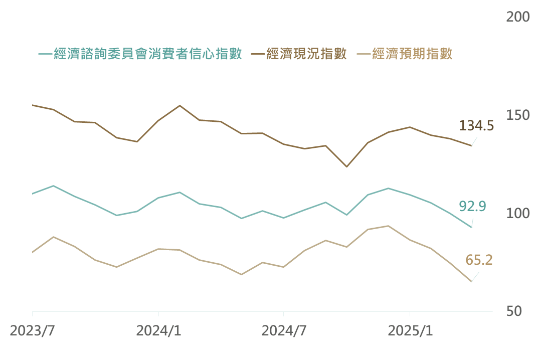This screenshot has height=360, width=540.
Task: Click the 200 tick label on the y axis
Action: (518, 17)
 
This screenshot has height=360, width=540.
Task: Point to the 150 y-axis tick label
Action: (518, 115)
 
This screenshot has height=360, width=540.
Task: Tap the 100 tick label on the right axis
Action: (518, 214)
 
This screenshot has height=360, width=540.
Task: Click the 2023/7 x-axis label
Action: (32, 331)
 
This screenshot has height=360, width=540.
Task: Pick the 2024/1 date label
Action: (158, 331)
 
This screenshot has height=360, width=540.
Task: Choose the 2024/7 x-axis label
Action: (284, 331)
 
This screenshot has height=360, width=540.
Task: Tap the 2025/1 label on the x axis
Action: (410, 331)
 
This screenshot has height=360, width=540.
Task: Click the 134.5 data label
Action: (476, 125)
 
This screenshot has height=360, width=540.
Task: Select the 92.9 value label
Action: (472, 206)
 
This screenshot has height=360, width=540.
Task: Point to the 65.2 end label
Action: (479, 260)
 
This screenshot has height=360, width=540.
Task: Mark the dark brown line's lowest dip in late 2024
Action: (346, 166)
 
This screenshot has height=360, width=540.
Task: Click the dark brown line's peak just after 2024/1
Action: (179, 105)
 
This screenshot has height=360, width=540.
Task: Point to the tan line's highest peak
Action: (389, 226)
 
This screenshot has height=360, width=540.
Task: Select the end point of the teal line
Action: (472, 227)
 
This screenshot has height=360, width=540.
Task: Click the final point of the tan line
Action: (472, 282)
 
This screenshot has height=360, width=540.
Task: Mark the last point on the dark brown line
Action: (472, 145)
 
